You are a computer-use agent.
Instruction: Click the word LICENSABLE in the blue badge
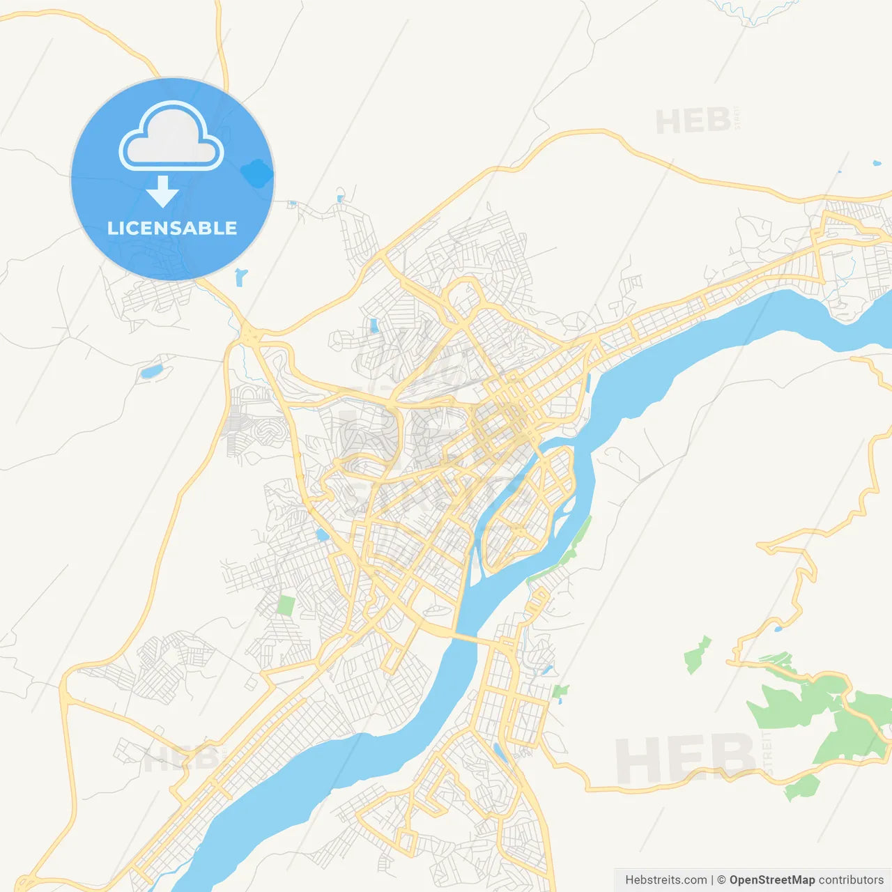pyautogui.click(x=171, y=228)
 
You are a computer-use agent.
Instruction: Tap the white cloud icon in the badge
pyautogui.click(x=171, y=138)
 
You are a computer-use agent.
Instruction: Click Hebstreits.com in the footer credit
pyautogui.click(x=666, y=880)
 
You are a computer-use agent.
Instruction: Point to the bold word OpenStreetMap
pyautogui.click(x=771, y=880)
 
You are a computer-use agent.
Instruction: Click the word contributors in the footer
pyautogui.click(x=851, y=880)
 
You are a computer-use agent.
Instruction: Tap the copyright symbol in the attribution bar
pyautogui.click(x=721, y=880)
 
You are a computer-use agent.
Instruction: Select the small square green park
pyautogui.click(x=286, y=605)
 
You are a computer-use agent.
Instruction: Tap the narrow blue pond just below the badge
pyautogui.click(x=240, y=277)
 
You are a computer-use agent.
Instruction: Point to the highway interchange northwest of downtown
pyautogui.click(x=249, y=334)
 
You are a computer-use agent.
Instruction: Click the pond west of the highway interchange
pyautogui.click(x=151, y=371)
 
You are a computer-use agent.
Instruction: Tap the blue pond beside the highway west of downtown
pyautogui.click(x=322, y=535)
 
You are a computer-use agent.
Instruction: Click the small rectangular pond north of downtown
pyautogui.click(x=374, y=325)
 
